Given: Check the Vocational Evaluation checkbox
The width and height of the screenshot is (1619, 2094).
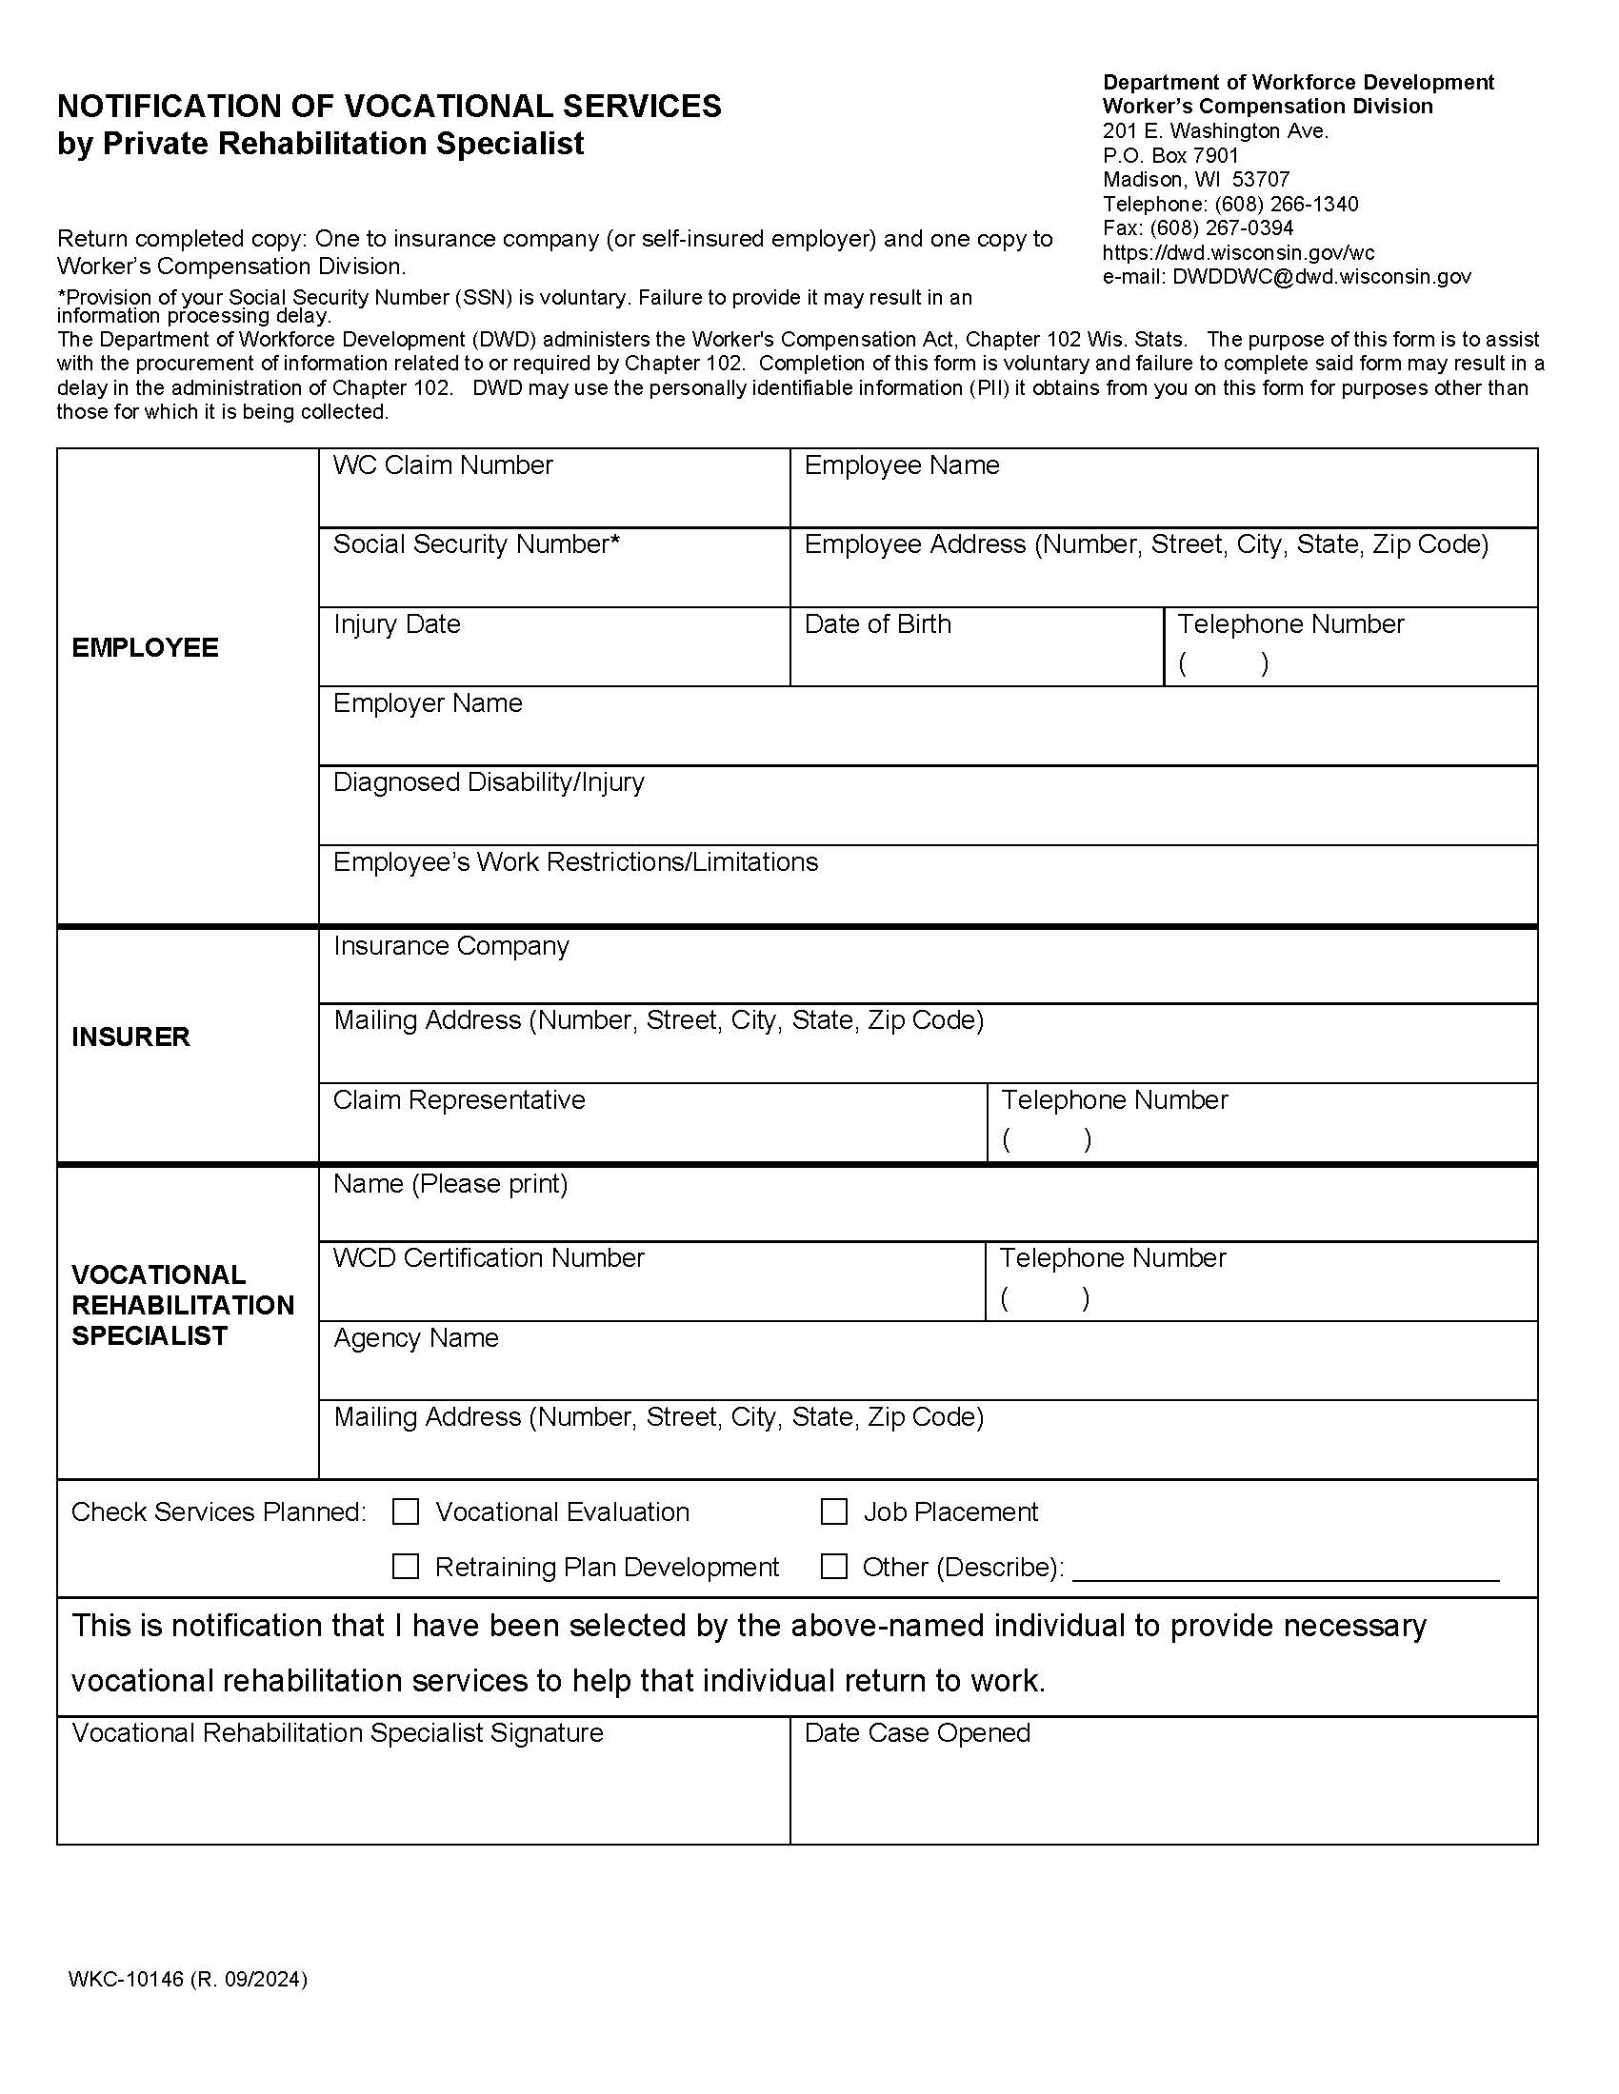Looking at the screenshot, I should pyautogui.click(x=406, y=1512).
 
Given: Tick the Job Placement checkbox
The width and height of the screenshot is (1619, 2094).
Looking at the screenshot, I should pyautogui.click(x=833, y=1512).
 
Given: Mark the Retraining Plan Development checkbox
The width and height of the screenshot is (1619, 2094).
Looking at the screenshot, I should pyautogui.click(x=406, y=1567).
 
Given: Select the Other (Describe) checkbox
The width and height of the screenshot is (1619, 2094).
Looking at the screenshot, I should pyautogui.click(x=833, y=1567).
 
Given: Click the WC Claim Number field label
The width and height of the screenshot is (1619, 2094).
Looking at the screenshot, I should pyautogui.click(x=442, y=466).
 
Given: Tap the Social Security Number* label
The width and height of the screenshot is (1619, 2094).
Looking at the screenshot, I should pyautogui.click(x=476, y=544).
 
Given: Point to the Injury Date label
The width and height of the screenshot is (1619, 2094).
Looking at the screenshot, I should pyautogui.click(x=396, y=624).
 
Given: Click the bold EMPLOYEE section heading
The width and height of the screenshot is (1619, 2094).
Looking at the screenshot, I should pyautogui.click(x=145, y=648).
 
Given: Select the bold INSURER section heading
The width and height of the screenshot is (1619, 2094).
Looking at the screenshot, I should pyautogui.click(x=130, y=1037).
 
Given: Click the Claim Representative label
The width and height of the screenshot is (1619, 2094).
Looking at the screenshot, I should pyautogui.click(x=458, y=1099).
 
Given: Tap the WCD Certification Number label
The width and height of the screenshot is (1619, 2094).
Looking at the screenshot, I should pyautogui.click(x=489, y=1258).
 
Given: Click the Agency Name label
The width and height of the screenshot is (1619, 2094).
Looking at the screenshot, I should pyautogui.click(x=415, y=1338).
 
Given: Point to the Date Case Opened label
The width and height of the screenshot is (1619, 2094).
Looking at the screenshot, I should pyautogui.click(x=917, y=1733).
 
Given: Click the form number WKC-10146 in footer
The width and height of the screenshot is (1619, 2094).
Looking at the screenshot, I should pyautogui.click(x=126, y=1980).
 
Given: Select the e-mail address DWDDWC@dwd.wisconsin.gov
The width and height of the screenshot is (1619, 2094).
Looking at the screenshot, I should pyautogui.click(x=1321, y=277).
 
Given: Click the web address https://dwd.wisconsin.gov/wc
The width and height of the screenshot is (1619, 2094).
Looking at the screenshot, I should pyautogui.click(x=1238, y=253).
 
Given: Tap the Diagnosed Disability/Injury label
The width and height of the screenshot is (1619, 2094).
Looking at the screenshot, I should pyautogui.click(x=489, y=782).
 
